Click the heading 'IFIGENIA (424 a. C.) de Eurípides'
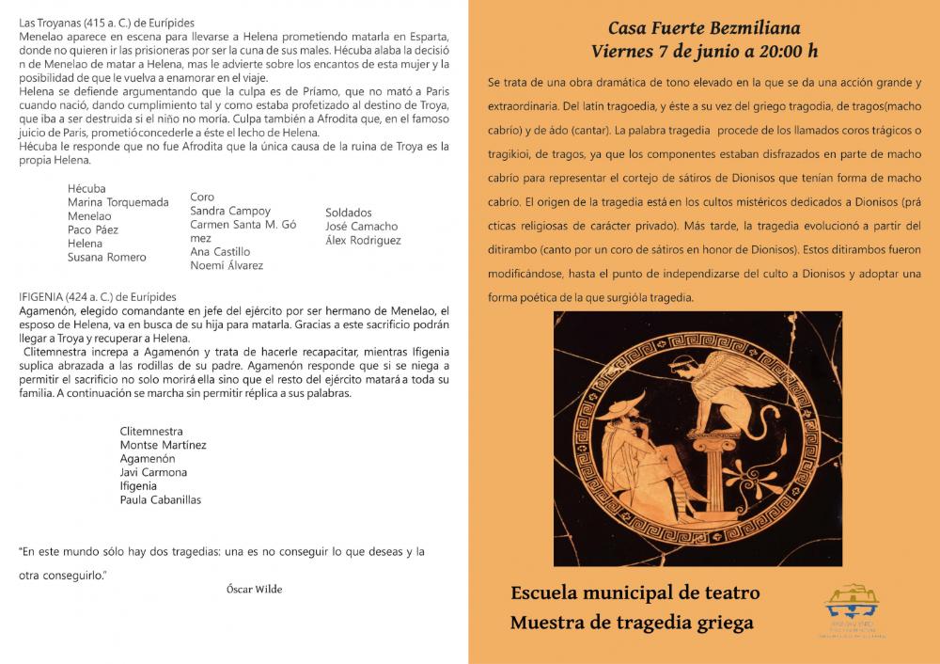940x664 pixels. pyautogui.click(x=104, y=296)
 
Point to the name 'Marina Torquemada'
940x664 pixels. pyautogui.click(x=118, y=202)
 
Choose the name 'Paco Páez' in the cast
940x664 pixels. pyautogui.click(x=93, y=229)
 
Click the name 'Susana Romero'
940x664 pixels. pyautogui.click(x=107, y=257)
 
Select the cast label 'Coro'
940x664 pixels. pyautogui.click(x=202, y=198)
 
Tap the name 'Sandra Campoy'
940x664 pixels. pyautogui.click(x=230, y=211)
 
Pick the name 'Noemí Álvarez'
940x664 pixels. pyautogui.click(x=227, y=265)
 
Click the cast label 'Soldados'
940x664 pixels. pyautogui.click(x=349, y=213)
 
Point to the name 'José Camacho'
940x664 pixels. pyautogui.click(x=361, y=226)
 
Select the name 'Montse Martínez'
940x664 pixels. pyautogui.click(x=163, y=445)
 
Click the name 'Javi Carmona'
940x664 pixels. pyautogui.click(x=153, y=472)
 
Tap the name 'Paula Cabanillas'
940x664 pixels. pyautogui.click(x=161, y=499)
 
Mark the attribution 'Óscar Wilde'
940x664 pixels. pyautogui.click(x=254, y=589)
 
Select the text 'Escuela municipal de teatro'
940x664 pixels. pyautogui.click(x=634, y=593)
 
